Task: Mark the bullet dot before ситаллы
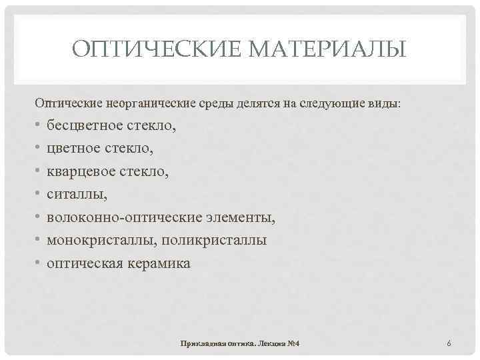[x=38, y=195]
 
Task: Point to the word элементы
[x=239, y=218]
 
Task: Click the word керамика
[x=159, y=263]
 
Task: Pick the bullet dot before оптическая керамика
[x=38, y=264]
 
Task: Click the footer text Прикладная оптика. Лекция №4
[x=240, y=343]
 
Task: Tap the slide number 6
[x=449, y=343]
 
